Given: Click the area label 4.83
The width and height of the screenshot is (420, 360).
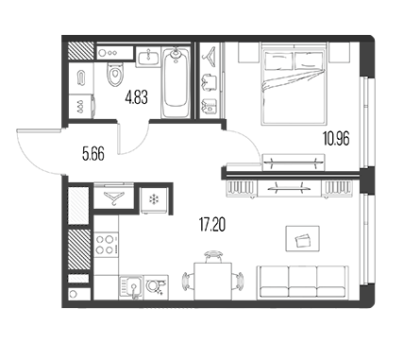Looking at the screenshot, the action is (136, 97).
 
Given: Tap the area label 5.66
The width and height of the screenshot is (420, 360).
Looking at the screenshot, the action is (93, 154).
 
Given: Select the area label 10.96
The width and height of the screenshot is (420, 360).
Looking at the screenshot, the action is (336, 139).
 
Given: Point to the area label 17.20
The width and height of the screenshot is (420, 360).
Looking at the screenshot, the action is (212, 225).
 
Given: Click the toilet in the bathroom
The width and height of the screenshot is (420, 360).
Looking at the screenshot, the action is (114, 74).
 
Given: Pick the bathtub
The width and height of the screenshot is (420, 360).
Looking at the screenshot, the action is (176, 82).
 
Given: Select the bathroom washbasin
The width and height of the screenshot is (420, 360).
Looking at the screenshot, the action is (148, 57).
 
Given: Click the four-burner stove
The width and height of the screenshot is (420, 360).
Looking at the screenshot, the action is (107, 245).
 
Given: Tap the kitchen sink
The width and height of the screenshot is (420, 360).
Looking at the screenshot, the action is (131, 287).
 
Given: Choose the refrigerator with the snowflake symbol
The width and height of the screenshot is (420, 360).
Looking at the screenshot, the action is (154, 199).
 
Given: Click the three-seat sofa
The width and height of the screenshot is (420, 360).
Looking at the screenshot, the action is (303, 283).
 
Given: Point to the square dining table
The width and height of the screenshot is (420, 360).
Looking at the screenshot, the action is (212, 281).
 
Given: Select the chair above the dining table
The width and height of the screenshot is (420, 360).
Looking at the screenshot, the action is (212, 256).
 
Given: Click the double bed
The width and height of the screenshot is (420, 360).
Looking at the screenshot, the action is (294, 83).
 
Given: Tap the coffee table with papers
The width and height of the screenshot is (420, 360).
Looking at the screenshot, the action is (302, 238).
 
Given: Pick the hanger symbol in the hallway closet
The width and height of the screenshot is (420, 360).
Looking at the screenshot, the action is (114, 198).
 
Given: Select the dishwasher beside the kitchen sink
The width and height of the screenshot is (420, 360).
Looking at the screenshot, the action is (157, 287).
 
